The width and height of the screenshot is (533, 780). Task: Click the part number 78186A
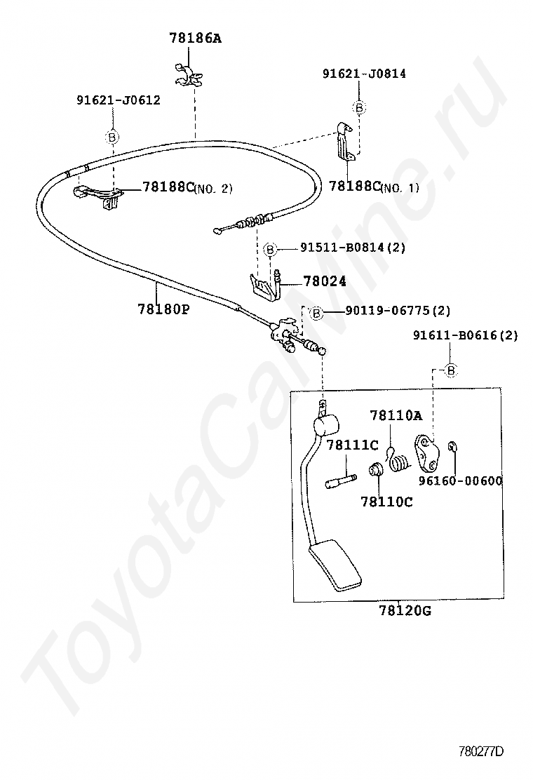pos(194,38)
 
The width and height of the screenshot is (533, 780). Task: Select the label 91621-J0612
pos(118,100)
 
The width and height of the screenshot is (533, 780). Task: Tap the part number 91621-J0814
pos(364,73)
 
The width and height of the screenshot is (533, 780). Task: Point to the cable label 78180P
pos(163,309)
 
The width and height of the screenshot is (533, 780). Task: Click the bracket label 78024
pos(325,281)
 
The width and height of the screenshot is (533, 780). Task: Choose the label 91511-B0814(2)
pos(353,247)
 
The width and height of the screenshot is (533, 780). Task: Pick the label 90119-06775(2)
pos(397,311)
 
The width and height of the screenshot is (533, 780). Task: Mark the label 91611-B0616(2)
pos(465,335)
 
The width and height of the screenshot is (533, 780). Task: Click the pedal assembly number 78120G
pos(405,611)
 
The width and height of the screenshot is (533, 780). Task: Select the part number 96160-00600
pos(460,481)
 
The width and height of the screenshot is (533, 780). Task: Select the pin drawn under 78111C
pos(341,480)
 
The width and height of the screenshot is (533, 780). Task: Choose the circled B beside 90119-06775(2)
pos(316,312)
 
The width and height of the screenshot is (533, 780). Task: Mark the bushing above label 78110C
pos(377,468)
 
